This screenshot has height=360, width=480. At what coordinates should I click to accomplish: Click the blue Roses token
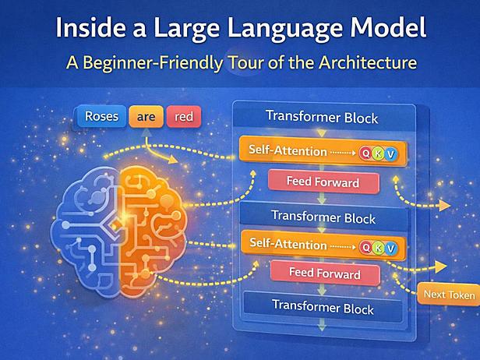(101, 116)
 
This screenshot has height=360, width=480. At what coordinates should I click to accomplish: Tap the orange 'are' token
(146, 116)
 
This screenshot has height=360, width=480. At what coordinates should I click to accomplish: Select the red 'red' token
(184, 117)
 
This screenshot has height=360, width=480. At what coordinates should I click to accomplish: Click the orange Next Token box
(449, 295)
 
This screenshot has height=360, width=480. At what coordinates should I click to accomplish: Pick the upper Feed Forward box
(323, 182)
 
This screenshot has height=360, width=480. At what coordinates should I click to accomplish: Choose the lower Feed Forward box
(325, 273)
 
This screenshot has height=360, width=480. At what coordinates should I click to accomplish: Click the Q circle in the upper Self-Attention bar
(365, 153)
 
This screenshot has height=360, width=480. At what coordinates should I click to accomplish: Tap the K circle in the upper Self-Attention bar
(379, 154)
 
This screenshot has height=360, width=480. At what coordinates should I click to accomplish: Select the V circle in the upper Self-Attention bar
(390, 154)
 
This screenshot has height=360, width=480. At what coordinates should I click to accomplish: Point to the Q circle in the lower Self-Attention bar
(366, 247)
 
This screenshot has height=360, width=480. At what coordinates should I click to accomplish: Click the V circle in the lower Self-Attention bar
(391, 249)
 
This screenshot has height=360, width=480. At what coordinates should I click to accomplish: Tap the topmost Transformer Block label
(322, 117)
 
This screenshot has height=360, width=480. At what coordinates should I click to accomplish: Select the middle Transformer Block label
(323, 217)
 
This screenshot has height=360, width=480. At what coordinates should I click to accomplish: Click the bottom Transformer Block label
(323, 307)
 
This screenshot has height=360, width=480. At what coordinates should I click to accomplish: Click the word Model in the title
(388, 27)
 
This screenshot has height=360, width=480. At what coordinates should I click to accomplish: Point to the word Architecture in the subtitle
(368, 63)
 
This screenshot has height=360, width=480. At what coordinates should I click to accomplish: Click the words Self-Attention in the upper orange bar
(288, 150)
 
